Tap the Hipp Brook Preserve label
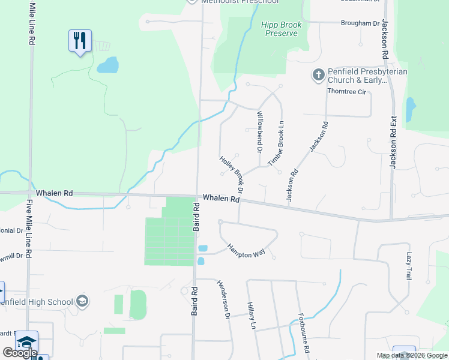[x=280, y=29]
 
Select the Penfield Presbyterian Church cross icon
[x=318, y=75]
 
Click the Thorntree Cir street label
[x=346, y=92]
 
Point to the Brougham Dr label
[x=361, y=23]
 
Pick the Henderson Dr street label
[x=223, y=299]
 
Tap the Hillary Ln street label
[x=252, y=317]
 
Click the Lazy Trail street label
[x=409, y=266]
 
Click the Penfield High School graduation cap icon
[x=82, y=301]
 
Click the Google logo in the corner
[x=20, y=353]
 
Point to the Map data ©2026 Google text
[x=412, y=355]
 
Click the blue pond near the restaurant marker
[x=107, y=64]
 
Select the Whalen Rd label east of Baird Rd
[x=221, y=198]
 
